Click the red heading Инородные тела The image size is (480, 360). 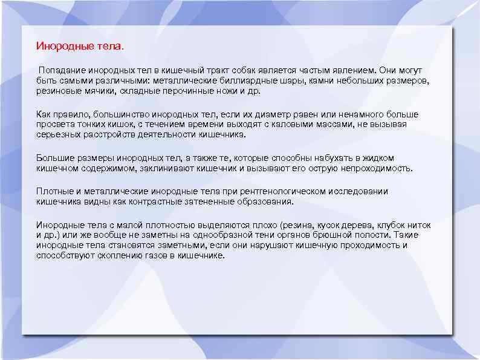click(x=79, y=45)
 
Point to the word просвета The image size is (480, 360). click(x=55, y=124)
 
